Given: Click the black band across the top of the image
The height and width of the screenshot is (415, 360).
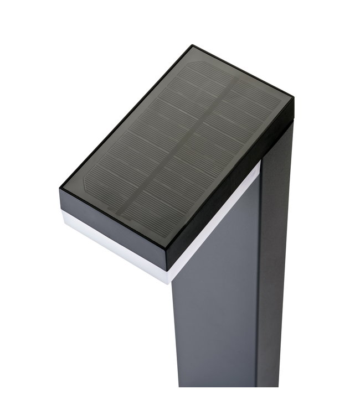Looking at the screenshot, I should coord(180,14).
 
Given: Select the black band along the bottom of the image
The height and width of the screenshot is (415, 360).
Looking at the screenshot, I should coord(180,401).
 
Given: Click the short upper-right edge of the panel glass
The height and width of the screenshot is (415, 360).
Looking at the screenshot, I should coord(244,72).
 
